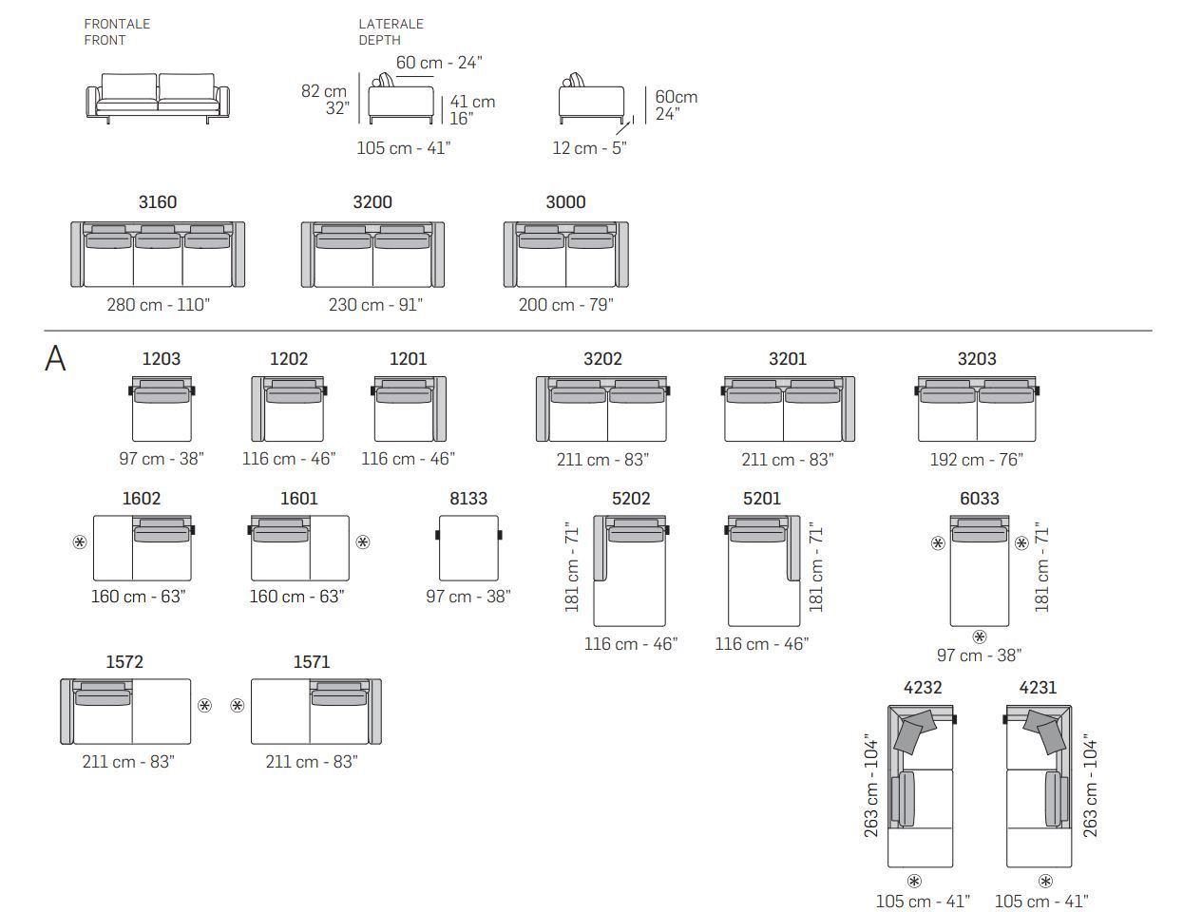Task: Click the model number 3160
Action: tap(158, 202)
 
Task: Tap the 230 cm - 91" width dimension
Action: tap(375, 305)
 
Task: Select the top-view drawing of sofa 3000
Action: tap(565, 254)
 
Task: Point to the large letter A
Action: tap(55, 358)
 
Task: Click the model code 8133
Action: tap(468, 499)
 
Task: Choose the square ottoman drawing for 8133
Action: tap(468, 548)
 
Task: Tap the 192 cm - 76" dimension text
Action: tap(977, 460)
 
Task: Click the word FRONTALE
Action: tap(117, 24)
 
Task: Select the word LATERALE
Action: tap(391, 24)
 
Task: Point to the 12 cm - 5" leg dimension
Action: tap(589, 148)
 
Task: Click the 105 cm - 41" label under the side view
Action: tap(404, 148)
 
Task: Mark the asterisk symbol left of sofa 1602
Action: tap(80, 542)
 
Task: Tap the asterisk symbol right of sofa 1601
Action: tap(363, 542)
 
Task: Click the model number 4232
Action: tap(923, 688)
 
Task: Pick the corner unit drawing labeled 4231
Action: tap(1038, 786)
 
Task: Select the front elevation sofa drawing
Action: tap(158, 99)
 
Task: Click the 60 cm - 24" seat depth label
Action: tap(439, 63)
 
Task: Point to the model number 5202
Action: tap(631, 499)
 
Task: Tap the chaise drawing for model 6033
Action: tap(980, 571)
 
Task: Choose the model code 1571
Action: tap(312, 662)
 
